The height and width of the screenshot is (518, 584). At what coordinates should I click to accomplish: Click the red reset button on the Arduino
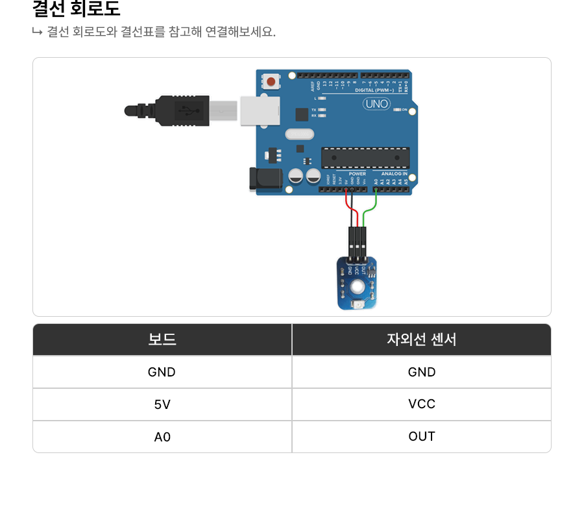(270, 82)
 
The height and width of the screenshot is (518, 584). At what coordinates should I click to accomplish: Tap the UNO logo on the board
(376, 103)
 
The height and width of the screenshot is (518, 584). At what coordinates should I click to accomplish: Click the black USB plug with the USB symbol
(182, 110)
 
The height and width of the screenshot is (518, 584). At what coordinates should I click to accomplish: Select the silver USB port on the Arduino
(260, 110)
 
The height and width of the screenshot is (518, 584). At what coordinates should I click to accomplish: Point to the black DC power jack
(265, 179)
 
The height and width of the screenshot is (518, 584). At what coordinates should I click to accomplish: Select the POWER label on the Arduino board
(357, 174)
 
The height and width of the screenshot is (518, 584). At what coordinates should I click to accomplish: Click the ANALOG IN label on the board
(394, 174)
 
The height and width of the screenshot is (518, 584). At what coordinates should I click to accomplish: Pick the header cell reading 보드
(162, 339)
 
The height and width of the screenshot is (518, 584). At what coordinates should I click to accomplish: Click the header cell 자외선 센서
(422, 339)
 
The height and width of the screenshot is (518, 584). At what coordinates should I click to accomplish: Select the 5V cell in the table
(162, 404)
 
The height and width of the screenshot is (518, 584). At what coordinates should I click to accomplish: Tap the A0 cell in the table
(162, 437)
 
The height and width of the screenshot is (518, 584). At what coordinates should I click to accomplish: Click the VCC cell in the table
(422, 404)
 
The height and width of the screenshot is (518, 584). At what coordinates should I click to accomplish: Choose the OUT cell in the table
(422, 436)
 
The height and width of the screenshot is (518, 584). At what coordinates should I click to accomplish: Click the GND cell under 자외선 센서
(422, 372)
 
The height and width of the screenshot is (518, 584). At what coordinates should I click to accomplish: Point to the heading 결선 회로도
(76, 10)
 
